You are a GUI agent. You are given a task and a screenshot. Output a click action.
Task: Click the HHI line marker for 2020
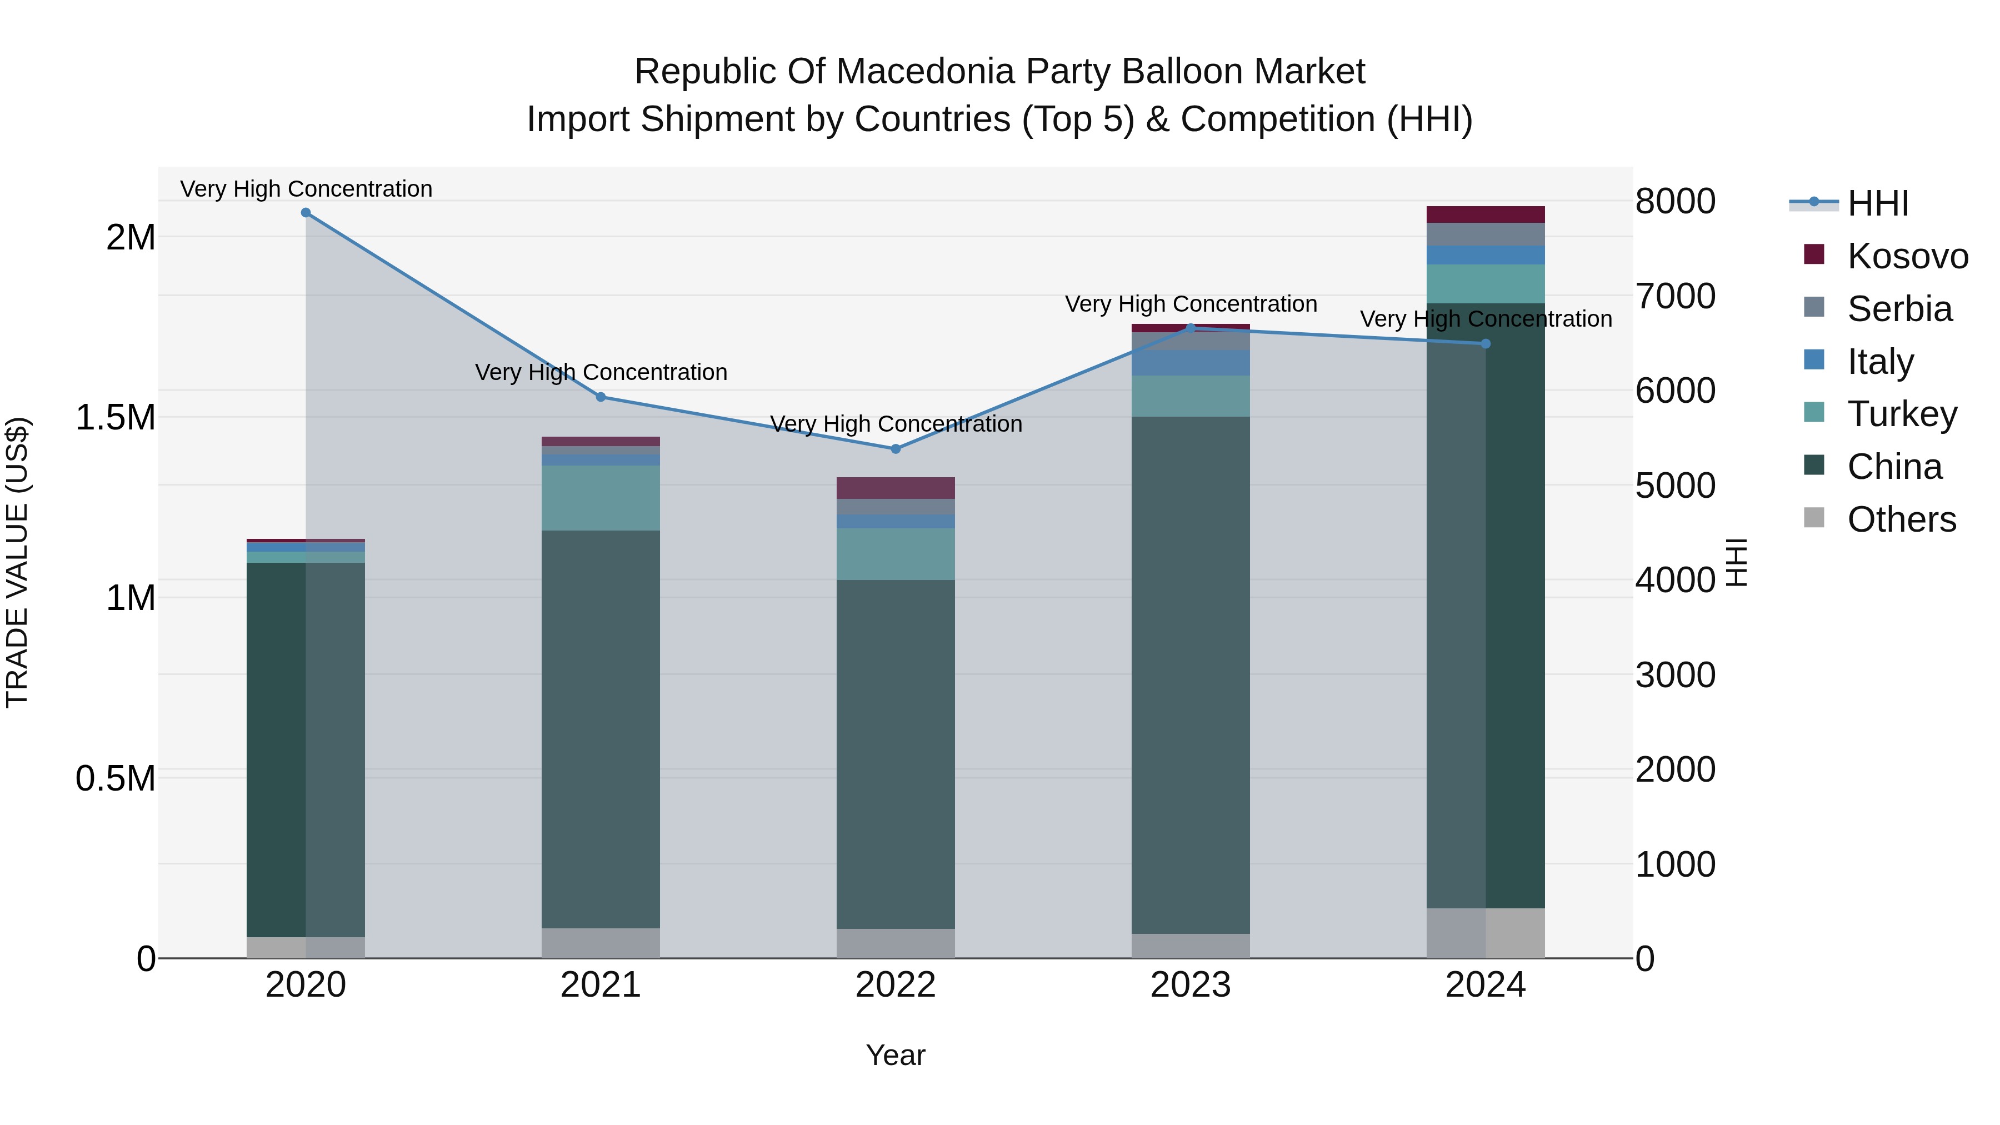tap(306, 213)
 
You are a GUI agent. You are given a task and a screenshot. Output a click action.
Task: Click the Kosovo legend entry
tap(1907, 256)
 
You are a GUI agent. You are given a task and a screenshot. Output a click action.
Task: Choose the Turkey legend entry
tap(1902, 414)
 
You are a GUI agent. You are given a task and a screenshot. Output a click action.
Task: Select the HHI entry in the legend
tap(1877, 203)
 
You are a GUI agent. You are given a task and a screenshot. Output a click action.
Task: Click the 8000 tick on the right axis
tap(1674, 202)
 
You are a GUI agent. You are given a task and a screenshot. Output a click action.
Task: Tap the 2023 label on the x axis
tap(1190, 985)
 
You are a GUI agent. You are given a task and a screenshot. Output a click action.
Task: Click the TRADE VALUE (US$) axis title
tap(18, 563)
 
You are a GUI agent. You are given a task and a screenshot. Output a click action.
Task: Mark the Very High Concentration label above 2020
tap(306, 189)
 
